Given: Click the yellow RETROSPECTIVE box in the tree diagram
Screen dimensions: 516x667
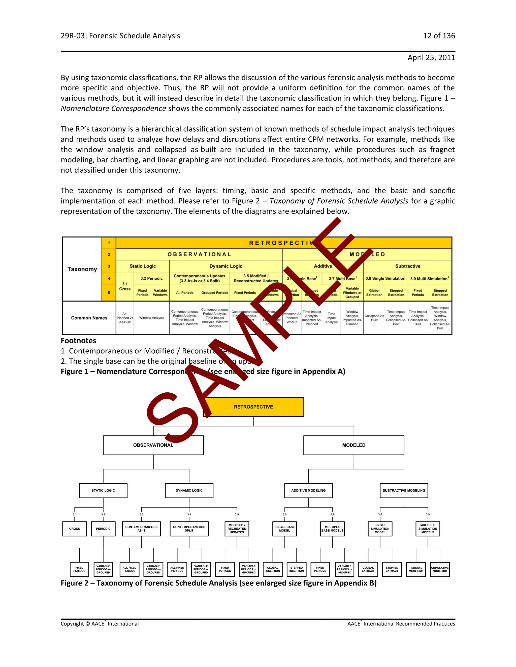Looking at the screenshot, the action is (253, 407).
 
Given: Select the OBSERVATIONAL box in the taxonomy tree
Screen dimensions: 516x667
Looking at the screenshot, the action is (153, 445).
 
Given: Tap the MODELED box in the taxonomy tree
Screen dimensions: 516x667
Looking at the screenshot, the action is (354, 445).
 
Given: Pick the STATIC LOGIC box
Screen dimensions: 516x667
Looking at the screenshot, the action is (103, 491).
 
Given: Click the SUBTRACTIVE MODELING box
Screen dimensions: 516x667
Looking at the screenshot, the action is (404, 491).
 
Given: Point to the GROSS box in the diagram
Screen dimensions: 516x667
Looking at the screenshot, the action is (75, 529).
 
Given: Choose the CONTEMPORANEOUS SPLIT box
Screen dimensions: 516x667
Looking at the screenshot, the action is (189, 529).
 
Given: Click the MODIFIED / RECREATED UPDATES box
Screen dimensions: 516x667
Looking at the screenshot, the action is (237, 529).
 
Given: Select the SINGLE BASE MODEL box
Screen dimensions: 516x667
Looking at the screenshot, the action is (285, 529).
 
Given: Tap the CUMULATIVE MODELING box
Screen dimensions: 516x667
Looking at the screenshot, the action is (440, 569).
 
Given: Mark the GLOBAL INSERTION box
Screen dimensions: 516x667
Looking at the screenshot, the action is (273, 569).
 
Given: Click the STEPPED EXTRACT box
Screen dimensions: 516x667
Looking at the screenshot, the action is (392, 569).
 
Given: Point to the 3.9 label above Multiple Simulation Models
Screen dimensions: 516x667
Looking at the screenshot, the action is (428, 514).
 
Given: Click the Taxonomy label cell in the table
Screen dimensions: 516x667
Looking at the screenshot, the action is (82, 269).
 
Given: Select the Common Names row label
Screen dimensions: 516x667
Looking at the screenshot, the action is (89, 318).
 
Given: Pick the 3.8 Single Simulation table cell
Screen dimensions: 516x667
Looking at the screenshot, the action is (385, 279).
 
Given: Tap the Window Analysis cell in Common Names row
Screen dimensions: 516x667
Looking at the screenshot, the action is (152, 318).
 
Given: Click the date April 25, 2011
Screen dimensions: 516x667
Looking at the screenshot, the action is (431, 58).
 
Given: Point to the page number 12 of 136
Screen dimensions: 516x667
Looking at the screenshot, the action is (439, 36).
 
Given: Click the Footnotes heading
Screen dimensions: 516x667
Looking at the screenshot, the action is (79, 341).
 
